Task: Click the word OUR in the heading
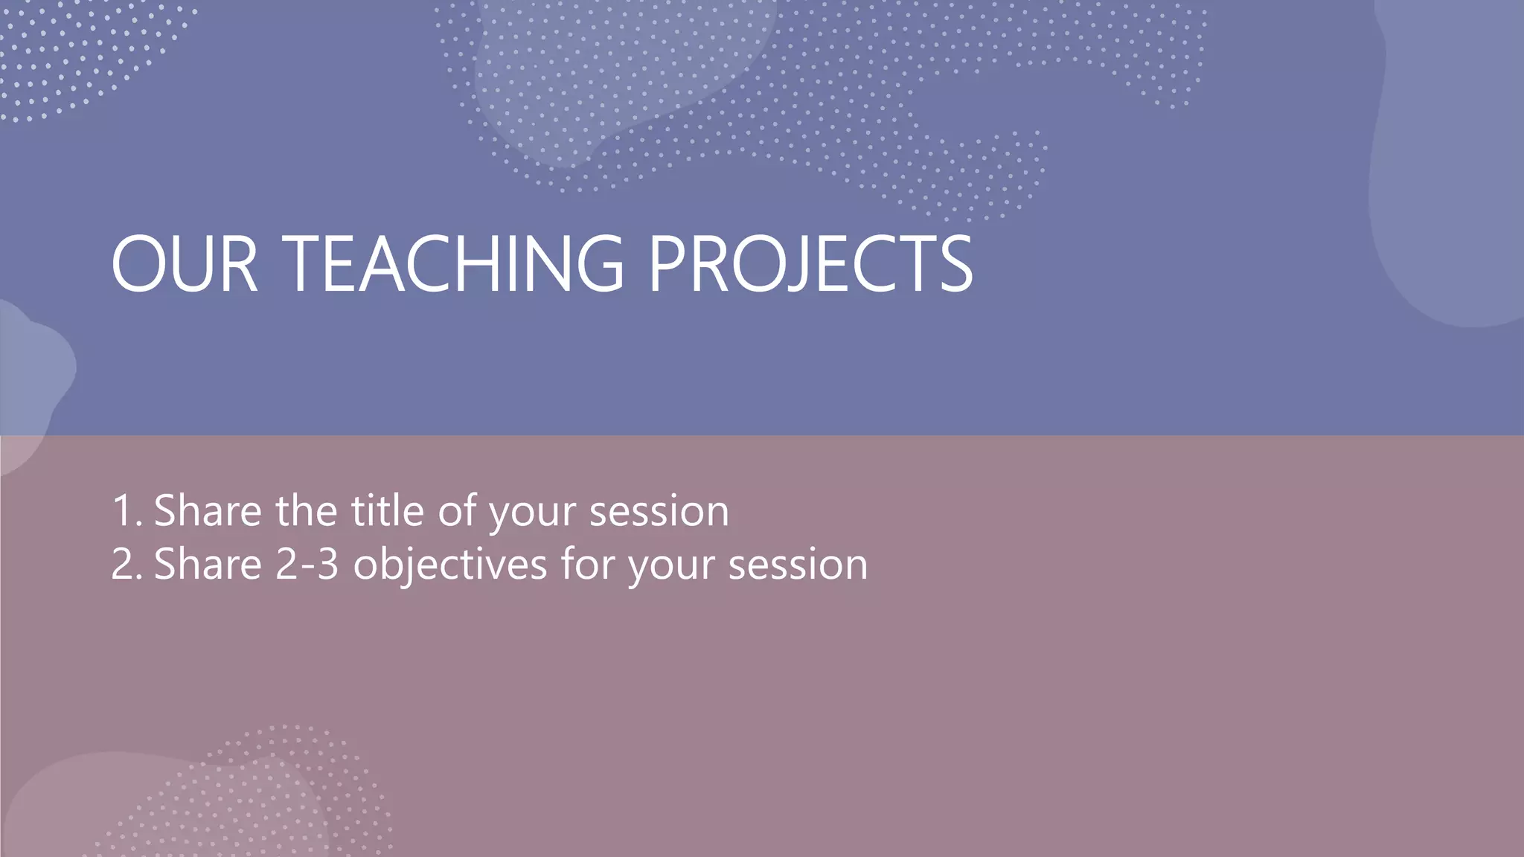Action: (x=184, y=264)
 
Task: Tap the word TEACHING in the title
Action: (x=452, y=264)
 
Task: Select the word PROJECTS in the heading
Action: (x=810, y=264)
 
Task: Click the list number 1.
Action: (x=124, y=512)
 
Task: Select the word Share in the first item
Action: (x=208, y=511)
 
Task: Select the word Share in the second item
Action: (x=208, y=565)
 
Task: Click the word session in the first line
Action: (x=659, y=512)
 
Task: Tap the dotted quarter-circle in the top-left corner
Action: (x=74, y=52)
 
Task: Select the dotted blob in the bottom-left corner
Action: (x=246, y=796)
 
